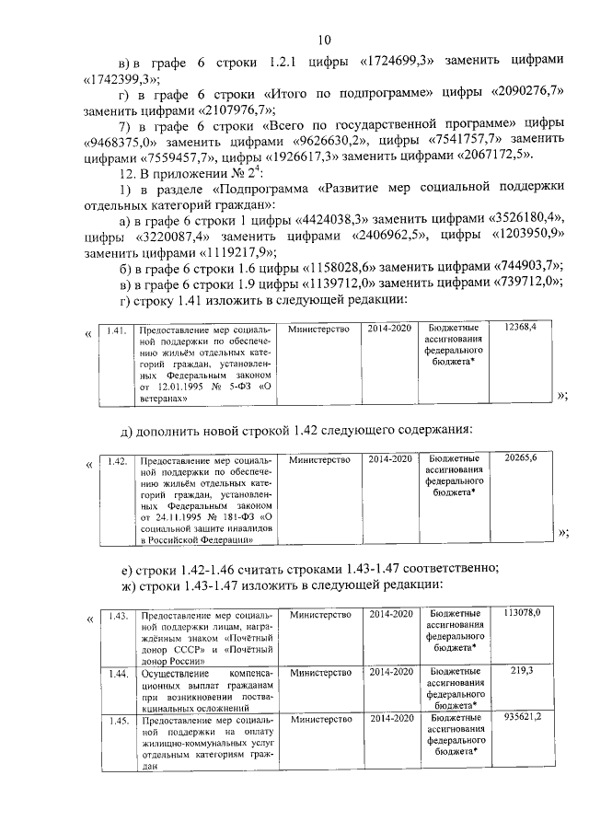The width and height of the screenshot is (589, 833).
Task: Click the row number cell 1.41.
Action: pos(116,329)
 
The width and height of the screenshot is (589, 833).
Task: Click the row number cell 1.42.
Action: pos(116,458)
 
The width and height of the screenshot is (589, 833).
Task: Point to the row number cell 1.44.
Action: pos(116,674)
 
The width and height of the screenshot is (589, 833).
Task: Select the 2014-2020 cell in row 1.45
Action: pos(390,717)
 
